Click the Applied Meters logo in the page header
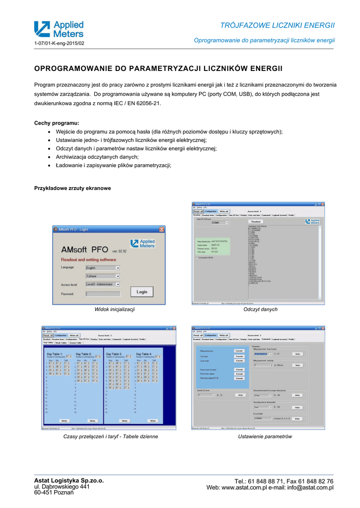point(59,29)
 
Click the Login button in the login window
point(142,292)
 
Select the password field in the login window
point(102,294)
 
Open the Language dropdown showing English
point(102,267)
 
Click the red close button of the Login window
point(161,230)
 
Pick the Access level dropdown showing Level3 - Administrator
point(102,285)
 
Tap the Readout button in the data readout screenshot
point(256,221)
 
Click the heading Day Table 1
point(55,354)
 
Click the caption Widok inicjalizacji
point(115,310)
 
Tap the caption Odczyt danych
point(260,310)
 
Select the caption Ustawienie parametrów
point(265,437)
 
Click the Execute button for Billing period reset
point(239,351)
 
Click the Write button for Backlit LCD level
point(240,395)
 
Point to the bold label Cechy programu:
point(57,123)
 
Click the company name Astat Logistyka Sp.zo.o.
point(69,480)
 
